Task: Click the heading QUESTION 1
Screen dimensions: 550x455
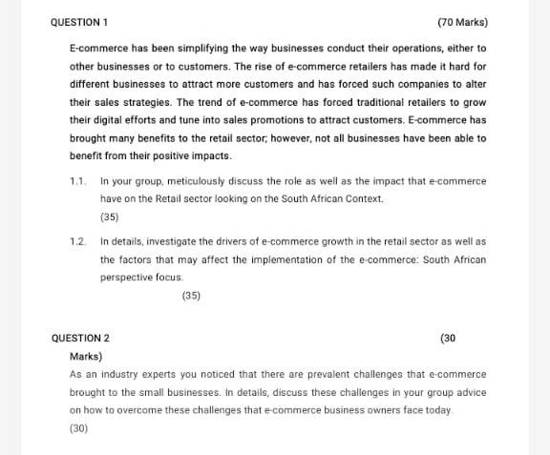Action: (80, 21)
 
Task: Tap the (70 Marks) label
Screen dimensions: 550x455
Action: (463, 21)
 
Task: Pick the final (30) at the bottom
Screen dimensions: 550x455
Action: (79, 429)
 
